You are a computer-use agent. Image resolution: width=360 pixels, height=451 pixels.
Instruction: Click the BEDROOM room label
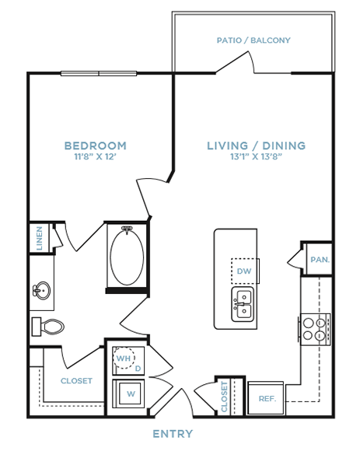pos(96,145)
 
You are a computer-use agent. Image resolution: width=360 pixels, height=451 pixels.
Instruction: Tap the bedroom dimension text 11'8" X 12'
pos(95,157)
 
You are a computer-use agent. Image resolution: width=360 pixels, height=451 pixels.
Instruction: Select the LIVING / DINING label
pos(256,145)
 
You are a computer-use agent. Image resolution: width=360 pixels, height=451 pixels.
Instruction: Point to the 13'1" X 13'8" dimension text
pos(256,157)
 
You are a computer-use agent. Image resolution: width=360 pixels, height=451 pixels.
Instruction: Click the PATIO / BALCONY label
pos(253,40)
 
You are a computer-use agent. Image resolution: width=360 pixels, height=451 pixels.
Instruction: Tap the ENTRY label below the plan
pos(173,434)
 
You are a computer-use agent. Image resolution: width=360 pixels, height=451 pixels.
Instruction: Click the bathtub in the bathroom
pos(127,255)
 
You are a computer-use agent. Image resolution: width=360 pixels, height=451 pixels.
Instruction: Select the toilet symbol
pos(47,327)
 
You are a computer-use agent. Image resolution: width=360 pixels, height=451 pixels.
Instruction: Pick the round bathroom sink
pos(42,291)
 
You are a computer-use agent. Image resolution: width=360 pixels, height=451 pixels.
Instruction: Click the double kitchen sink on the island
pos(243,304)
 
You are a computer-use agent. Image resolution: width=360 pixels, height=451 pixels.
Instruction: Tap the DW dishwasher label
pos(244,271)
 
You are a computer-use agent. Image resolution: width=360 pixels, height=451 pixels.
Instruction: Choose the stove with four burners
pos(314,330)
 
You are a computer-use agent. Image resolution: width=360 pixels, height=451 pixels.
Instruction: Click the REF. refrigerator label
pos(267,399)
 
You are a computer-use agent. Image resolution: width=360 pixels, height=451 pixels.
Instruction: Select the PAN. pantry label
pos(320,260)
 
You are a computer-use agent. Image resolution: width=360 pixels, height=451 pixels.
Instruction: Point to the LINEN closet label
pos(40,238)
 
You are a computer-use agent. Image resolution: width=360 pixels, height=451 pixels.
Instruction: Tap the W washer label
pos(131,393)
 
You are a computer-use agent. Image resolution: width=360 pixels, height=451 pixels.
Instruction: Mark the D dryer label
pos(138,369)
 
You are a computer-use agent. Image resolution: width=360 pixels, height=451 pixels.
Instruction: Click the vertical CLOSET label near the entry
pos(224,397)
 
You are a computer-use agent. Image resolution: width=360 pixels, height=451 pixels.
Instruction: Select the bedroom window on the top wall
pos(99,74)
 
